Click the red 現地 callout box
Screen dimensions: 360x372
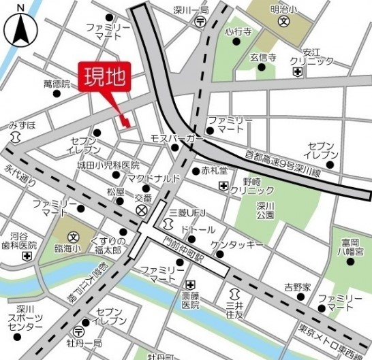click(x=105, y=78)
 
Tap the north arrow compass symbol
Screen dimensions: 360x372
click(x=21, y=29)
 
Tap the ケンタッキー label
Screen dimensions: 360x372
click(x=236, y=244)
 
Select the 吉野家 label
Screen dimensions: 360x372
click(x=297, y=286)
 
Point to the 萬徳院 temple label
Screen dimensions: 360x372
click(x=57, y=84)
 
